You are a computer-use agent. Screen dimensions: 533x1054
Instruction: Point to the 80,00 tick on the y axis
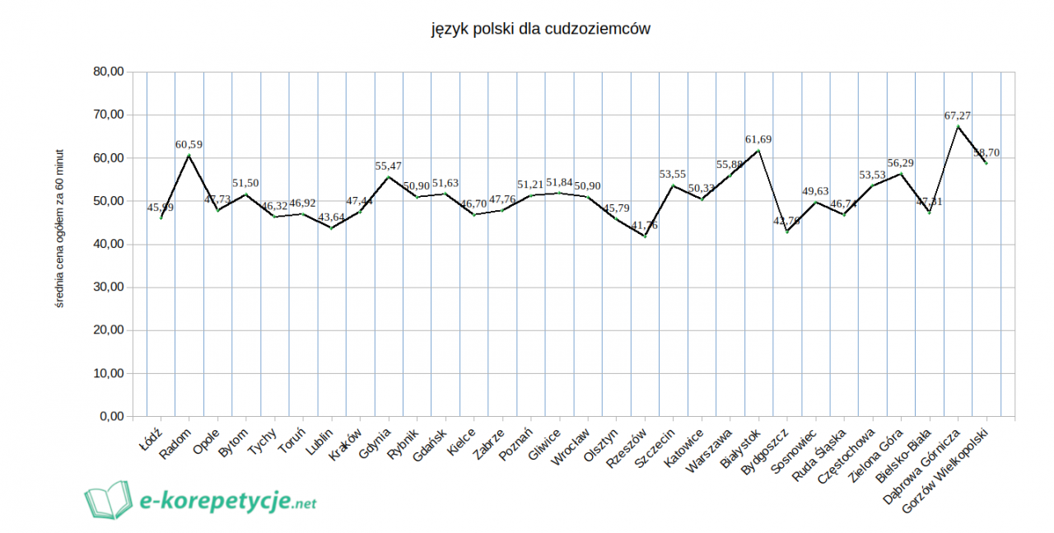pos(108,72)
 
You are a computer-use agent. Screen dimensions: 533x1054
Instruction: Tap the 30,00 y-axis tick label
pos(108,288)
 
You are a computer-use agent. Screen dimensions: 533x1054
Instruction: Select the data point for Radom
pos(189,155)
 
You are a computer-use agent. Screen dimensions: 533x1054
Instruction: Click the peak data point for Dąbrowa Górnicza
pos(958,126)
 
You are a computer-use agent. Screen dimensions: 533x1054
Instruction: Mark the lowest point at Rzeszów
pos(645,236)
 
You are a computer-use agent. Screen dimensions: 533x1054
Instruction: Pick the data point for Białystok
pos(758,150)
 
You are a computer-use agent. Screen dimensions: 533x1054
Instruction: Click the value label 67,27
pos(958,115)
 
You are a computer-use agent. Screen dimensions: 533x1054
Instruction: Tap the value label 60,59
pos(189,144)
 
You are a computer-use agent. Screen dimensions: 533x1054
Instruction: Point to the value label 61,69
pos(758,139)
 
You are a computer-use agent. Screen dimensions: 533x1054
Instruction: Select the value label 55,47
pos(388,166)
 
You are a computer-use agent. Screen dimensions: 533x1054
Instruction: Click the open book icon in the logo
pos(108,500)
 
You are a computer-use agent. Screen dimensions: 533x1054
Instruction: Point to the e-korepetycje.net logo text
pos(228,500)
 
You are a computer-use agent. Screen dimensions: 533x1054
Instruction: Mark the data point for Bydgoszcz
pos(787,231)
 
